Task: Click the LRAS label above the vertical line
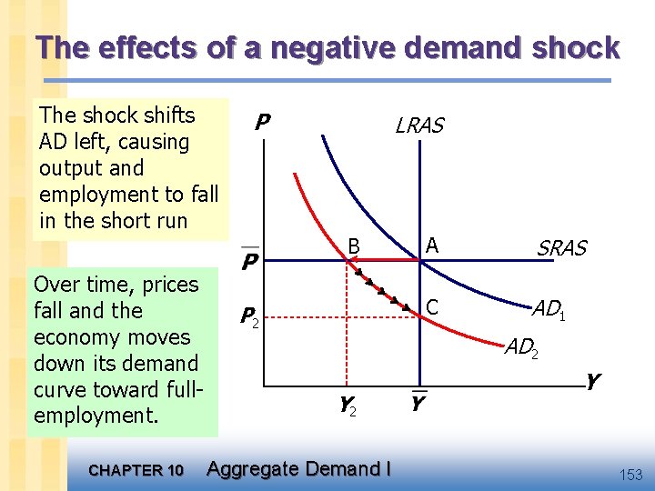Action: (x=419, y=125)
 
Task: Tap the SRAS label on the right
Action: (x=561, y=247)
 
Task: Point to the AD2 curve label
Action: (x=521, y=346)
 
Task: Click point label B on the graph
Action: (x=356, y=245)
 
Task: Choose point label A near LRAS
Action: (x=431, y=245)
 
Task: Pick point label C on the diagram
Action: (x=432, y=307)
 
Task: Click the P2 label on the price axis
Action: (x=249, y=316)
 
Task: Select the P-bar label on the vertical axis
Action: (x=249, y=262)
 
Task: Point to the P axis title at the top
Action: (x=262, y=122)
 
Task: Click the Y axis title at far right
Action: (x=592, y=383)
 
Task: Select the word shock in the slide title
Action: (x=575, y=48)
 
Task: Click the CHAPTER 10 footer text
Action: (x=136, y=470)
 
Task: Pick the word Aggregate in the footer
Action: (x=252, y=468)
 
